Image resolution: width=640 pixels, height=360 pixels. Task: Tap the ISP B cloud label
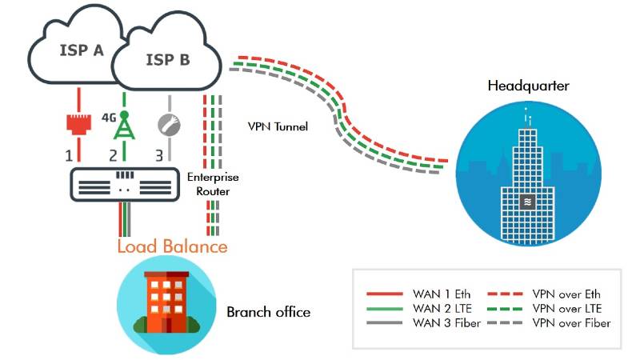click(x=167, y=59)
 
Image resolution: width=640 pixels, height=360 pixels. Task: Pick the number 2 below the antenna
click(x=114, y=154)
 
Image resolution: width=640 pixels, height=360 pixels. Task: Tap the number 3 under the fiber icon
click(x=159, y=154)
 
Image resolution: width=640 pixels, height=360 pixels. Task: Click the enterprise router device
click(x=123, y=183)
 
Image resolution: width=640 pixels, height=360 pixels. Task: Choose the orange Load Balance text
click(x=172, y=246)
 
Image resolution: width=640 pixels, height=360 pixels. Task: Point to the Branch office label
click(x=268, y=312)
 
